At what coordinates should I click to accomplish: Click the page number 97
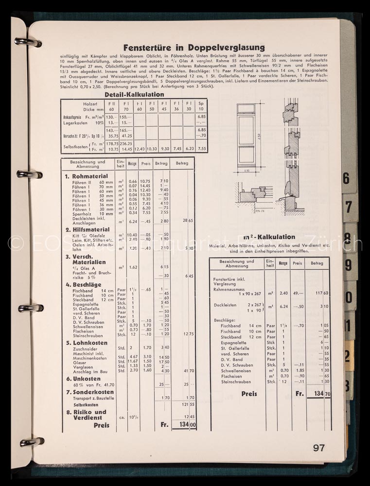[318, 448]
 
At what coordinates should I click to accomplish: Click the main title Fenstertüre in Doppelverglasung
[194, 48]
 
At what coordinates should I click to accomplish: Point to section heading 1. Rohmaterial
[87, 176]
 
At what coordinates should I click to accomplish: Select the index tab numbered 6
[346, 178]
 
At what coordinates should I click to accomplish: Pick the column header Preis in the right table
[297, 263]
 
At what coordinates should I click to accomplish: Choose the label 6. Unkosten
[83, 378]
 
